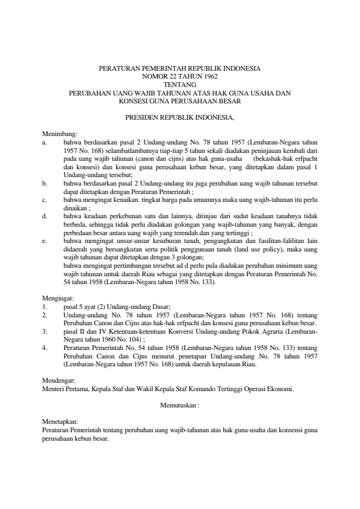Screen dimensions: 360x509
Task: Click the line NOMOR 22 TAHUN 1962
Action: click(x=180, y=77)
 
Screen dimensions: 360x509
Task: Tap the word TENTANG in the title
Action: click(x=180, y=85)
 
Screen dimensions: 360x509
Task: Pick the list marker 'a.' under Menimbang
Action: click(x=45, y=143)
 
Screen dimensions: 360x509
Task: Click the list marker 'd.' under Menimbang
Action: click(x=45, y=215)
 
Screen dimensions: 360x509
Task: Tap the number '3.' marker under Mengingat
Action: click(x=45, y=331)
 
